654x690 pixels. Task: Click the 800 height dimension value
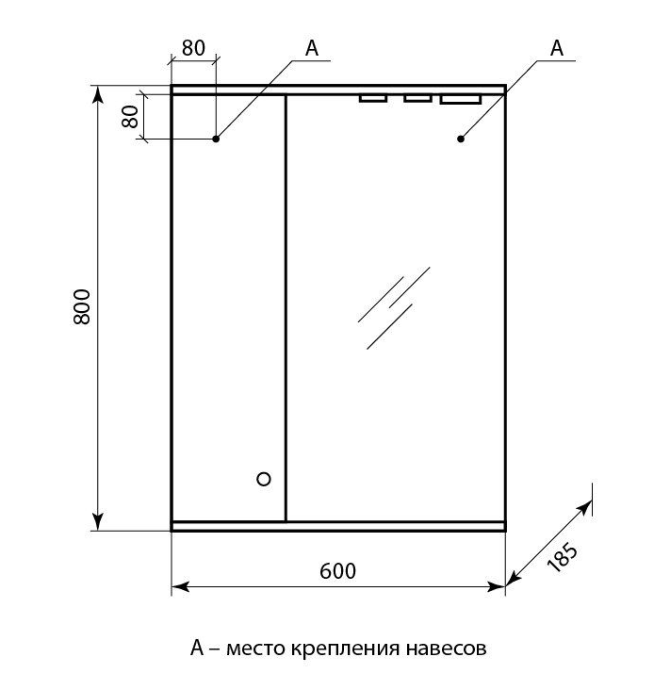[82, 306]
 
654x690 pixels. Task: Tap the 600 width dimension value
[337, 571]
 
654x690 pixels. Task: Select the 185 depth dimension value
[562, 557]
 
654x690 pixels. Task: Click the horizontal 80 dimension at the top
[193, 48]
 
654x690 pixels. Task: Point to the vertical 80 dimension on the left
[130, 117]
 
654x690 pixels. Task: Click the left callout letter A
[312, 48]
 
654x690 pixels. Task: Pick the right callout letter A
[557, 48]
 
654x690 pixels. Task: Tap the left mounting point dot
[216, 139]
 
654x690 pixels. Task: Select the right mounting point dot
[461, 139]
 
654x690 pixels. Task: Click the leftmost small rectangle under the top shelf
[372, 98]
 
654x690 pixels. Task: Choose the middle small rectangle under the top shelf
[417, 98]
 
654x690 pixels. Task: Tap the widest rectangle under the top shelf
[461, 100]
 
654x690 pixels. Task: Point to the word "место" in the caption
[255, 649]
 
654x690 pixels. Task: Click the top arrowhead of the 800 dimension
[98, 95]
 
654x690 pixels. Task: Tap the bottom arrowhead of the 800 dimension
[98, 521]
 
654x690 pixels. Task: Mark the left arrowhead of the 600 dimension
[180, 586]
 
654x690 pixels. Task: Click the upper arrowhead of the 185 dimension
[586, 507]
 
